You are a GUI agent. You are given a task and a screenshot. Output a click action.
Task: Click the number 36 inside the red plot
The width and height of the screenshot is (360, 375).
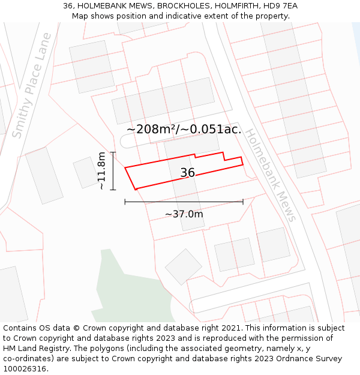click(x=188, y=173)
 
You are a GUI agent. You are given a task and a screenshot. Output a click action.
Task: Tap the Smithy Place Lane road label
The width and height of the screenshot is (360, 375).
click(x=32, y=86)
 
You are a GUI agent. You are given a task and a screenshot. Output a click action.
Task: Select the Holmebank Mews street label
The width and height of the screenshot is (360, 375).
click(x=271, y=175)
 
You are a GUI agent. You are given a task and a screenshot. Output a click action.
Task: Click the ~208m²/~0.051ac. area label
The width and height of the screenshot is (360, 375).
click(x=184, y=129)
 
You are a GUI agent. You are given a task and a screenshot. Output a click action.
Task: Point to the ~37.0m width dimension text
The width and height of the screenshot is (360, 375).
click(x=184, y=214)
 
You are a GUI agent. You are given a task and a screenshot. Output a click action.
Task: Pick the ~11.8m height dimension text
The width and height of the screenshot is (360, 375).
click(x=101, y=171)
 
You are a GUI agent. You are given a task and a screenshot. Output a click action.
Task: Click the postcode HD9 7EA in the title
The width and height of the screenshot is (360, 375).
click(x=277, y=6)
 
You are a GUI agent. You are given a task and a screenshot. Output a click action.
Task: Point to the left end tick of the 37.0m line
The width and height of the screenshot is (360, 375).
click(x=125, y=202)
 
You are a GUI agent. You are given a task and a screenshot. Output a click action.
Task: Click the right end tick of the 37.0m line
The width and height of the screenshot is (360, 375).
click(x=243, y=202)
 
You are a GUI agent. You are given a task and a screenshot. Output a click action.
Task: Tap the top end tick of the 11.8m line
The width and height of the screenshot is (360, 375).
click(x=112, y=152)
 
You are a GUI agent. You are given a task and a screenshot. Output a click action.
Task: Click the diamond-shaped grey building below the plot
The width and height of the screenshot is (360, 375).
click(x=184, y=267)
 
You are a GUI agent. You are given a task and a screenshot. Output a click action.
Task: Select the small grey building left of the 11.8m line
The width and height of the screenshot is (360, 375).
click(x=85, y=172)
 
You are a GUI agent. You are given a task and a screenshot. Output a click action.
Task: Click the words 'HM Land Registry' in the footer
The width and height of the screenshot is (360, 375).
click(x=35, y=349)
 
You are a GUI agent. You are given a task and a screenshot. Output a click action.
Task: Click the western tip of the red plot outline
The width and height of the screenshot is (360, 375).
click(x=125, y=168)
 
